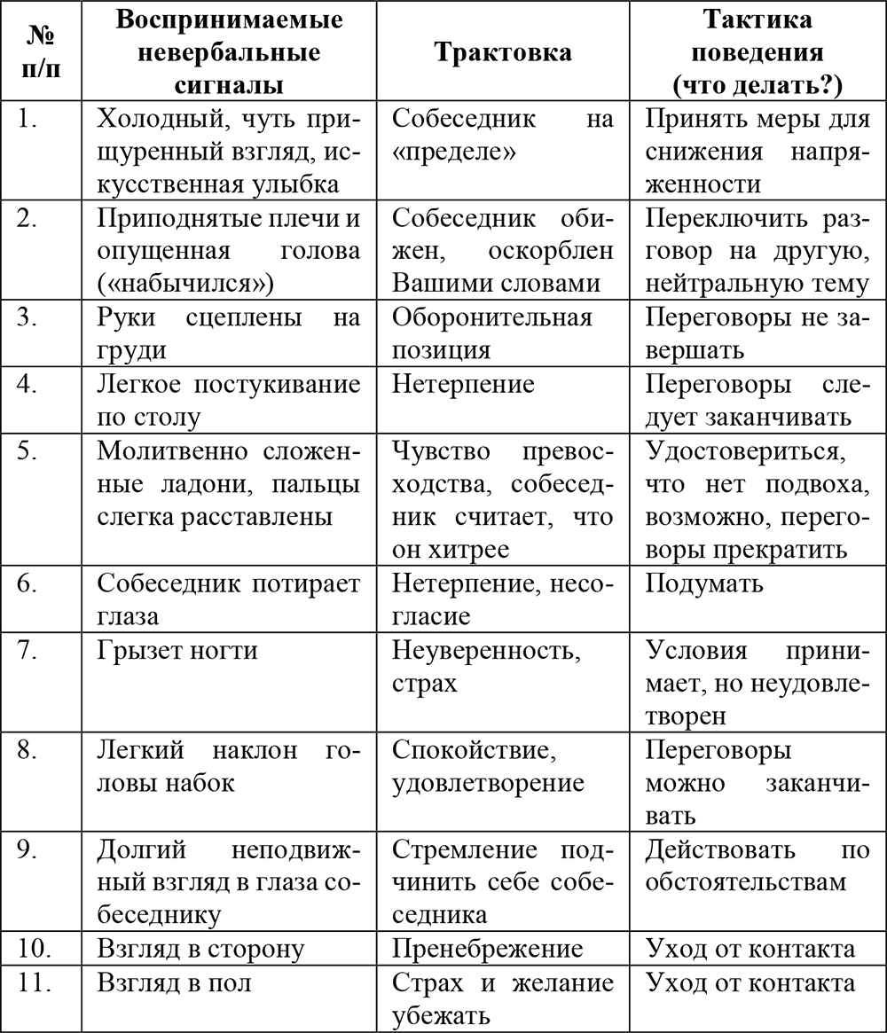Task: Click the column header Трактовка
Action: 502,52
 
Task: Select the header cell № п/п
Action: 42,52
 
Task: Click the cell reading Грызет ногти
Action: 177,651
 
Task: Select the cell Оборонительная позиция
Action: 491,332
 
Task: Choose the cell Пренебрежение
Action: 487,949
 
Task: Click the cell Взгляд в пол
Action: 174,982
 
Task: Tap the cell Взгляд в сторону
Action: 200,949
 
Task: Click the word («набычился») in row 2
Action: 185,283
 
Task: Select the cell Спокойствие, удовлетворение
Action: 487,766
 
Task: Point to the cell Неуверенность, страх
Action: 481,667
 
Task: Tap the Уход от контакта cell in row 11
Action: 750,982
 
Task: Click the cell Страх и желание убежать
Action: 502,999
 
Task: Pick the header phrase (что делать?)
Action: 757,85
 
